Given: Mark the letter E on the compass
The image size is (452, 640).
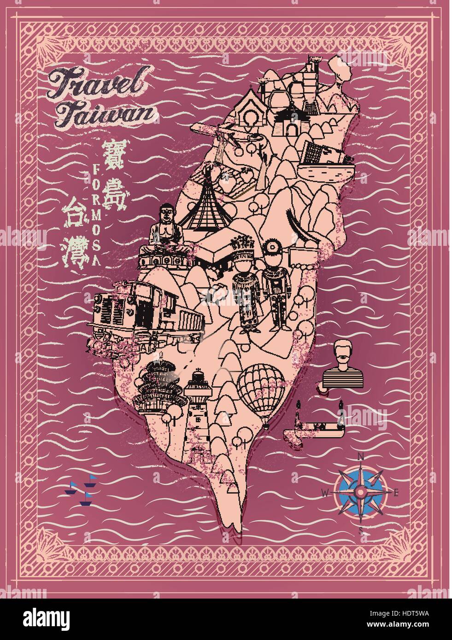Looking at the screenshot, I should tap(395, 493).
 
